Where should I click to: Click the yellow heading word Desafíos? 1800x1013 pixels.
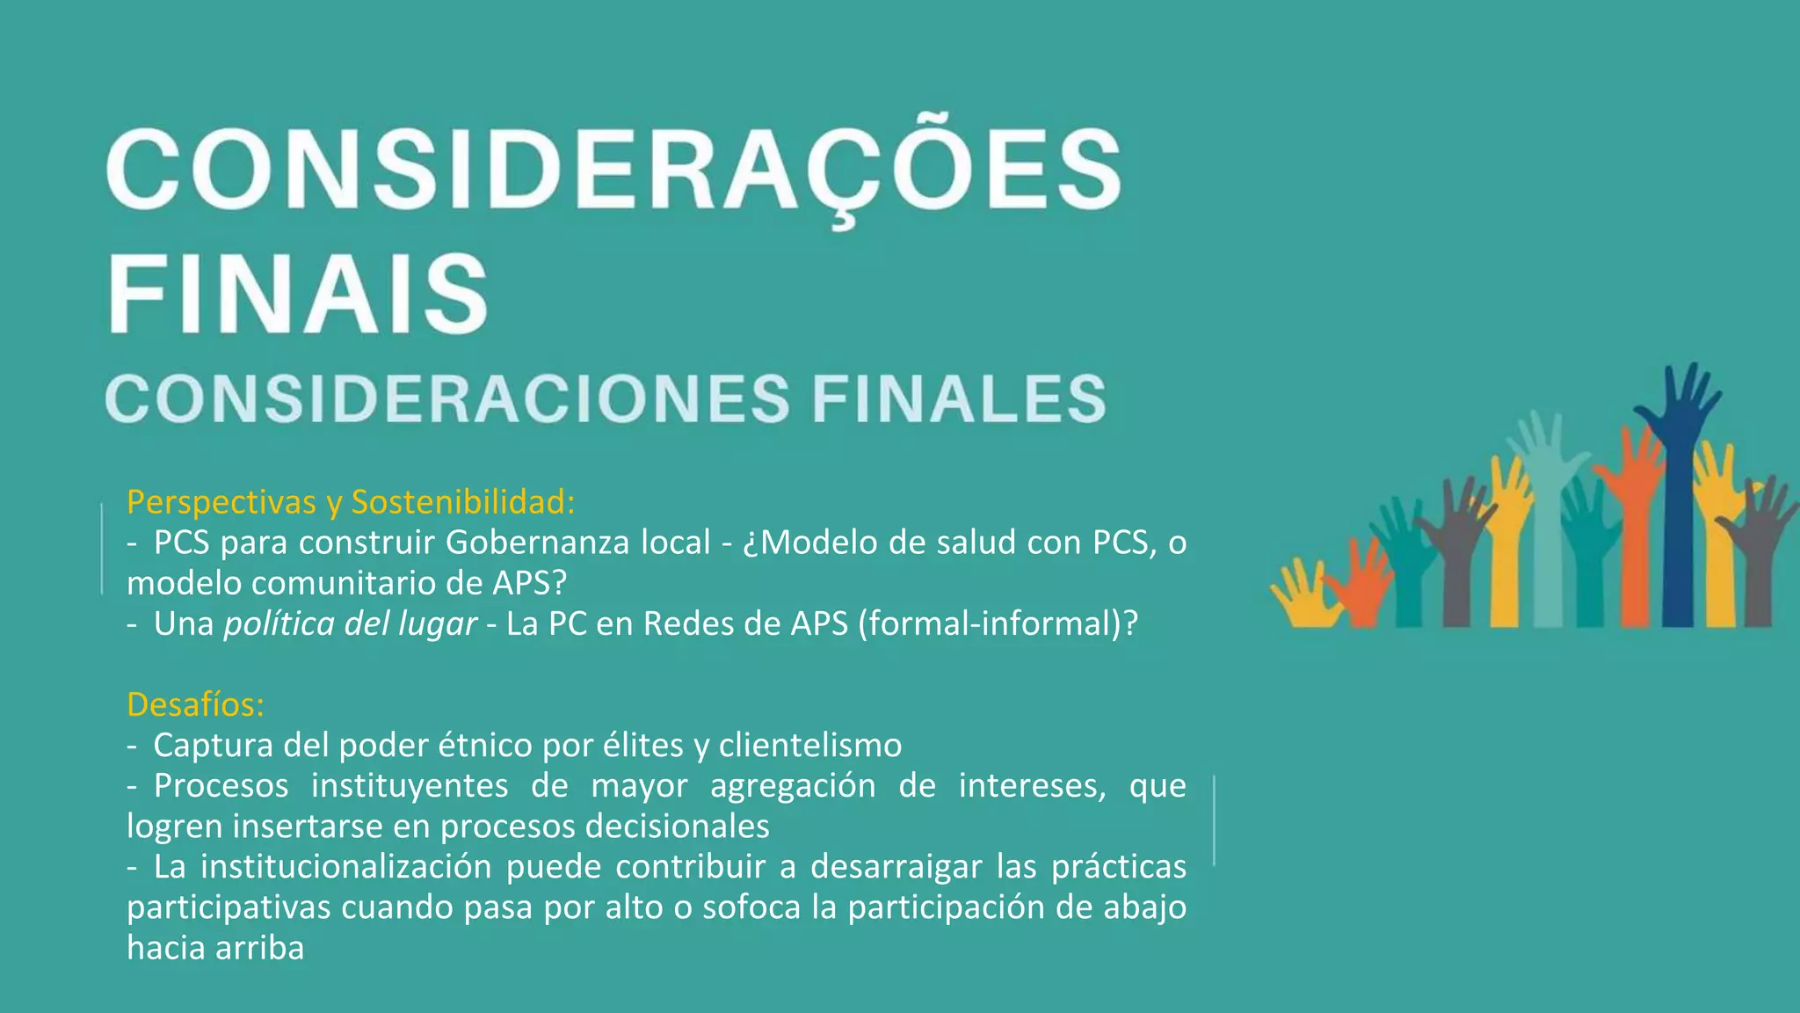195,704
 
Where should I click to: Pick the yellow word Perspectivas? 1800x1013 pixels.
221,502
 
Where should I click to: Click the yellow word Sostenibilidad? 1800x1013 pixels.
463,502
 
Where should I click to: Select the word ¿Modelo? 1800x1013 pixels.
809,543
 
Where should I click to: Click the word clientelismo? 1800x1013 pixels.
809,746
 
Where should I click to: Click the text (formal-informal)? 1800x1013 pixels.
998,623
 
